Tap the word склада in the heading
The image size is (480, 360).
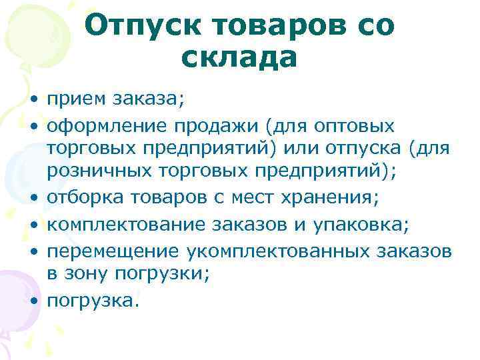[238, 59]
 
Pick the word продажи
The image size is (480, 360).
[190, 127]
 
